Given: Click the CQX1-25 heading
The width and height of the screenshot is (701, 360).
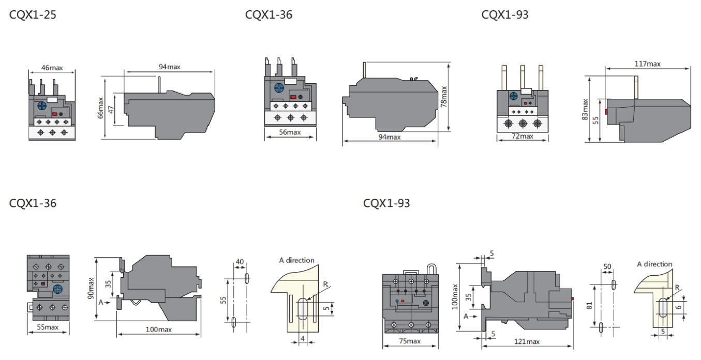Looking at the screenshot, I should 33,15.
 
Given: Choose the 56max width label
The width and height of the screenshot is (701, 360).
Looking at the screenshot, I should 290,132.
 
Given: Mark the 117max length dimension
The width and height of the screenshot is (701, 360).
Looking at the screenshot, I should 647,64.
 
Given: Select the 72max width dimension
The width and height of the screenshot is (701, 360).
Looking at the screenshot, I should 522,136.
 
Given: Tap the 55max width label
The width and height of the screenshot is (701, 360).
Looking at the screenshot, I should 48,328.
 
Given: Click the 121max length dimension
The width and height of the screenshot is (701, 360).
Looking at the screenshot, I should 526,341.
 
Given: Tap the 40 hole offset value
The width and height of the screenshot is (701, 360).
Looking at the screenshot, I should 240,262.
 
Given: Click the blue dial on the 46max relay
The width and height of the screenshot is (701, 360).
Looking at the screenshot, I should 41,105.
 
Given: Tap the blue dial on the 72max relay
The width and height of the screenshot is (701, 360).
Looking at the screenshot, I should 513,96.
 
